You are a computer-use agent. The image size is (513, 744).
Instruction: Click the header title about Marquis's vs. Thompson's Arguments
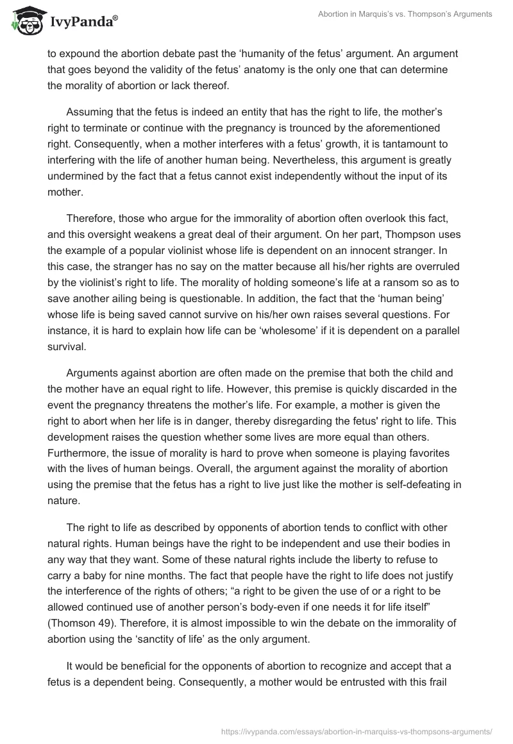coord(405,14)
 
